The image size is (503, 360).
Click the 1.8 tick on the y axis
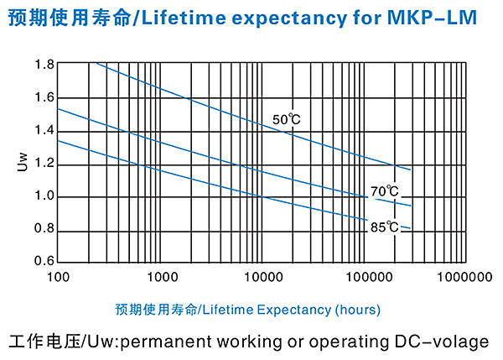44,65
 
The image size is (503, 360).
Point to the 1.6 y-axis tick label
44,97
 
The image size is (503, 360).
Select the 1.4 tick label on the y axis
44,130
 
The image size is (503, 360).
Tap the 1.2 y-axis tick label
44,163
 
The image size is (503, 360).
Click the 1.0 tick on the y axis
44,196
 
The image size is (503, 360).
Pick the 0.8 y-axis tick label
44,229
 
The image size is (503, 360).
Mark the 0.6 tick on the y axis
44,261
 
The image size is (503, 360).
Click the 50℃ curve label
286,120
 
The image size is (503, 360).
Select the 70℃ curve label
385,191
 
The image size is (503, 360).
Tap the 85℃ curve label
385,226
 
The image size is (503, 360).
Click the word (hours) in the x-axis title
357,310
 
